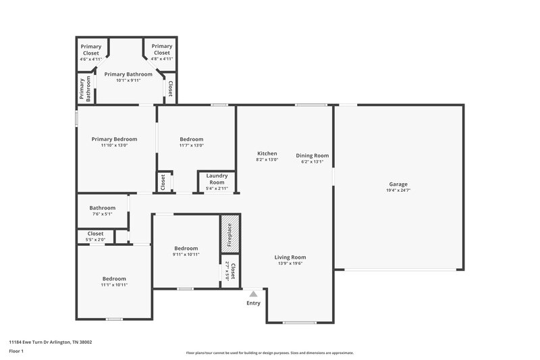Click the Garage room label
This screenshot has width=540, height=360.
398,184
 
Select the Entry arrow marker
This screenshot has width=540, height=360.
253,294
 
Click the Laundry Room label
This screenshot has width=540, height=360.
216,178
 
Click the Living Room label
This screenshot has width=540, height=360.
290,257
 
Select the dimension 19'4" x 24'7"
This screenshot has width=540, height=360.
398,190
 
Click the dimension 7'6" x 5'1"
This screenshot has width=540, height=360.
103,214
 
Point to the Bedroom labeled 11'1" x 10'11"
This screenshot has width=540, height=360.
114,278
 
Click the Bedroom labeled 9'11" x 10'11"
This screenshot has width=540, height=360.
186,248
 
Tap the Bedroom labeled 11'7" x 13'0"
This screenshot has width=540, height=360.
191,139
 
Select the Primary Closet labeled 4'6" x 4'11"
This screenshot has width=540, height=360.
91,49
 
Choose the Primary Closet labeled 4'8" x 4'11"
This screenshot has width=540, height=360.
161,49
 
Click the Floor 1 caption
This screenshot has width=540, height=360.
16,352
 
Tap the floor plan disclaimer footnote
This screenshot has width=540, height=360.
269,353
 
